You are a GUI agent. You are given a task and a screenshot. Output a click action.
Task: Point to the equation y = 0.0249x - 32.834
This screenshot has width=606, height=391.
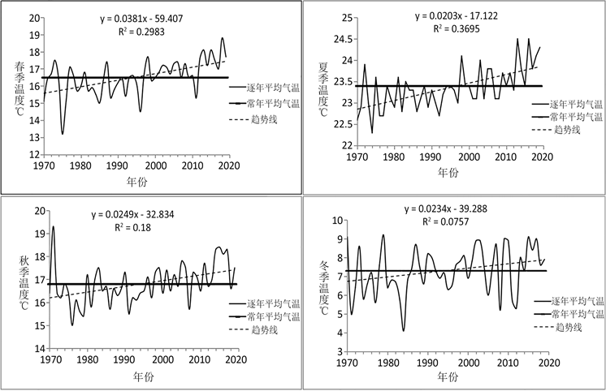[138, 214]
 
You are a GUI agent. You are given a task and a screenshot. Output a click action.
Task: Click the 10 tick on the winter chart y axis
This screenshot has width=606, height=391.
[336, 221]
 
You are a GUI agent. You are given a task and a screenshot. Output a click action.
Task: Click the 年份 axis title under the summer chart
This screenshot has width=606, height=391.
[448, 173]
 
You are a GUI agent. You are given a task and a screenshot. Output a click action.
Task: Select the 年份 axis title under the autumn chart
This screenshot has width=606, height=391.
[144, 376]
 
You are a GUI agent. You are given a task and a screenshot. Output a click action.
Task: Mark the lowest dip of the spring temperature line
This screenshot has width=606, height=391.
[63, 134]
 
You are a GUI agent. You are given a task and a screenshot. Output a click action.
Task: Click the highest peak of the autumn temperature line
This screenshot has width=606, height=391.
[54, 227]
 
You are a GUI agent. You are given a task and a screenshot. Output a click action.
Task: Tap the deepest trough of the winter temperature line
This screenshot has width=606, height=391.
[403, 330]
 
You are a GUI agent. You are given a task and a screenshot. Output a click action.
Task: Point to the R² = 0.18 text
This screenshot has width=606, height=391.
[138, 228]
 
